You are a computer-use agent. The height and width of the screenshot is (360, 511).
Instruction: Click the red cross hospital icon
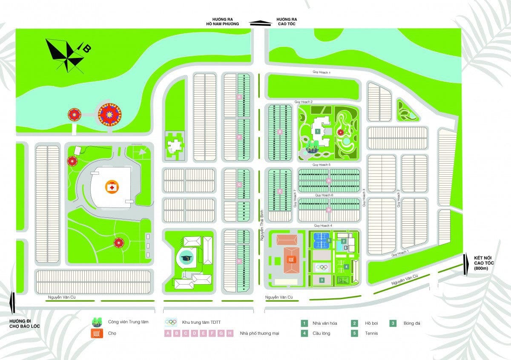(x=111, y=187)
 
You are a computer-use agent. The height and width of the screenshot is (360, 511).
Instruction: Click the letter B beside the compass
(x=86, y=49)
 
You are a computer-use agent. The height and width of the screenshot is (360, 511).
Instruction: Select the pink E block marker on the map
(x=240, y=98)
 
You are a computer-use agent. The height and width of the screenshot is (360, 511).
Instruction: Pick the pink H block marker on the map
(x=240, y=261)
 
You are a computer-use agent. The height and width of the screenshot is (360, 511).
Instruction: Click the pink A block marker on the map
(x=328, y=181)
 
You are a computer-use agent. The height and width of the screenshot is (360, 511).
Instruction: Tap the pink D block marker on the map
(x=280, y=132)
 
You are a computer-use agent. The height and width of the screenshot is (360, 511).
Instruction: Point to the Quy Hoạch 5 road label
(x=322, y=164)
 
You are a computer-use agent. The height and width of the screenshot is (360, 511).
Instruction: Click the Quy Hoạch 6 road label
(x=324, y=195)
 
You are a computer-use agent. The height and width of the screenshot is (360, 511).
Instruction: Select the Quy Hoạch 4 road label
(x=323, y=225)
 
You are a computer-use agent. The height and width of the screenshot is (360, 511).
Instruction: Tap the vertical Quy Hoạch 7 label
(x=295, y=199)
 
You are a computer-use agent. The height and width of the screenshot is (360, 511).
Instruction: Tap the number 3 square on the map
(x=322, y=280)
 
